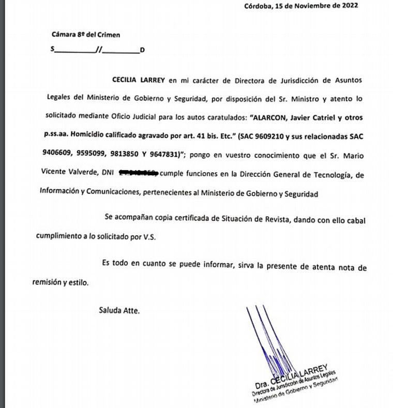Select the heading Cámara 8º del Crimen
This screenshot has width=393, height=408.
[86, 35]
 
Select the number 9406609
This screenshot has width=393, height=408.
[54, 154]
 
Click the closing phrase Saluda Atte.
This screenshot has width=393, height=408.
[119, 311]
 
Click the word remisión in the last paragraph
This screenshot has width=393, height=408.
[48, 283]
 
